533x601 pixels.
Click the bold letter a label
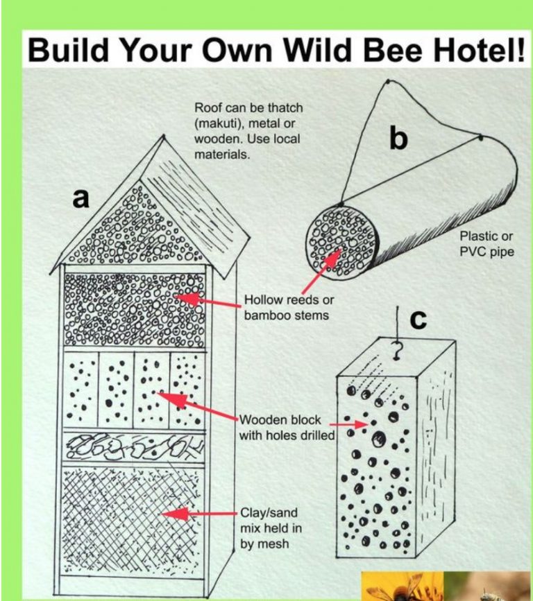coord(82,198)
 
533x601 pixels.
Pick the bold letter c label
coord(418,320)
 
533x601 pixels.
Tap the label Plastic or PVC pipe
coord(487,244)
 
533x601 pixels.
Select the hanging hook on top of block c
coord(397,351)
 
